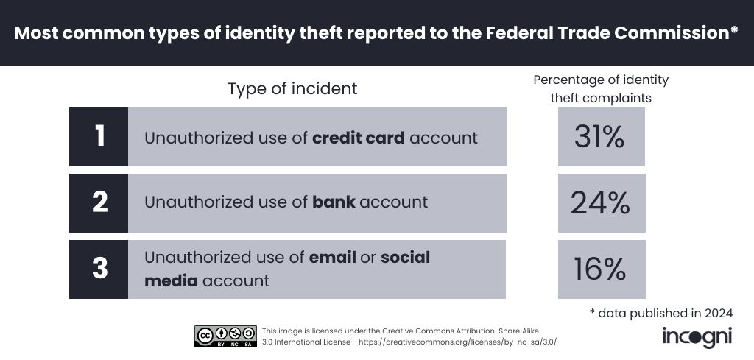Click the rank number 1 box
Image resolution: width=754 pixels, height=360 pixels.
click(99, 137)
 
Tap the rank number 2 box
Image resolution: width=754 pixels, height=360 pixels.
click(99, 202)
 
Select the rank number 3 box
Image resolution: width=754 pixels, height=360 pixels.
click(99, 269)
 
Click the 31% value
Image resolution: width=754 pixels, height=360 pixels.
click(601, 137)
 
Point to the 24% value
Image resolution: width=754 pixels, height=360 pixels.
click(601, 203)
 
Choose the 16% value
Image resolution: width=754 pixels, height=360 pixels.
click(601, 269)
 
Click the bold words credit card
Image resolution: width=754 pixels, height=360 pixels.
click(358, 138)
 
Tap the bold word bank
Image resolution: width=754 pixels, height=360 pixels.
click(333, 202)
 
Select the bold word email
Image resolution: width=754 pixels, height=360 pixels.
click(332, 258)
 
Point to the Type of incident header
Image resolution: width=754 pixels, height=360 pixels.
click(292, 89)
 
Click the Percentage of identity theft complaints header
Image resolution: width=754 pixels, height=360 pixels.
click(601, 88)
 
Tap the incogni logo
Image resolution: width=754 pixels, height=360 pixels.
click(697, 336)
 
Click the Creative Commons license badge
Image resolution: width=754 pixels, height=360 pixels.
click(225, 336)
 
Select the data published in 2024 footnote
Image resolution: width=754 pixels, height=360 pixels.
click(661, 313)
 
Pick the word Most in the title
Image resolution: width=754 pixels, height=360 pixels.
click(39, 33)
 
